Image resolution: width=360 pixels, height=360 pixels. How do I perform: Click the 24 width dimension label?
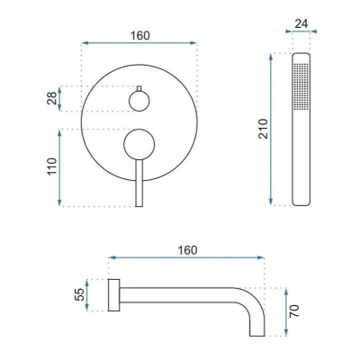pos(301,23)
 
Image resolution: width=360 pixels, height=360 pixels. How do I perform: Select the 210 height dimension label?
pos(263,129)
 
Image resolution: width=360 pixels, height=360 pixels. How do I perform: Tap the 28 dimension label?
pos(51,98)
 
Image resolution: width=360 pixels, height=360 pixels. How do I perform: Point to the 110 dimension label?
pos(51,166)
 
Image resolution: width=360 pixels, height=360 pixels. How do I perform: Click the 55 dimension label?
pos(79,294)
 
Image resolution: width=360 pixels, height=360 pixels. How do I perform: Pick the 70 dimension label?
pos(294,311)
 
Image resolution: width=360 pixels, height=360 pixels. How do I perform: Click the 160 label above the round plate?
pos(139,36)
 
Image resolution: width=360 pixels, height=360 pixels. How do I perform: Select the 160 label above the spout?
pos(187,250)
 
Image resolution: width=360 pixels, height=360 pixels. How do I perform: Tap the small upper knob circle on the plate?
pos(139,101)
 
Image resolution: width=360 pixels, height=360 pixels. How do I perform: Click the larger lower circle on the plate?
pos(139,145)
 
